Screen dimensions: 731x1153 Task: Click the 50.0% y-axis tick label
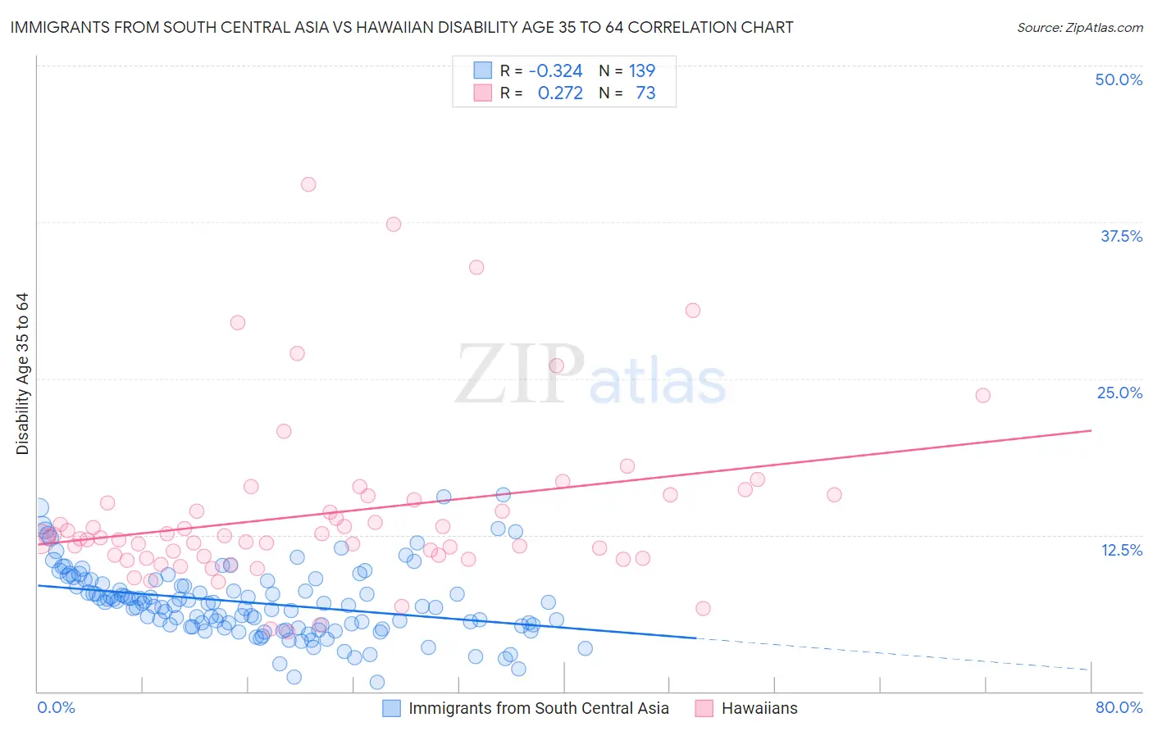[x=1119, y=79]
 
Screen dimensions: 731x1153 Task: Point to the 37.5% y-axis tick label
[x=1121, y=236]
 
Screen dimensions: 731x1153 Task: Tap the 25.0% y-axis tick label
[x=1119, y=393]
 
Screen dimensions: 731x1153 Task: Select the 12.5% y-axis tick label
[x=1121, y=550]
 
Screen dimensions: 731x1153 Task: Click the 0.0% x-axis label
[x=56, y=707]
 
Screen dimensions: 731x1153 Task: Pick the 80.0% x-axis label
[x=1119, y=707]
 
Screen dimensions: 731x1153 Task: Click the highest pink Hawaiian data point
[x=308, y=184]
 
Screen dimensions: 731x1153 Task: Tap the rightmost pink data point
[x=982, y=395]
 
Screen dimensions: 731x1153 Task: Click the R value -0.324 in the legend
[x=555, y=70]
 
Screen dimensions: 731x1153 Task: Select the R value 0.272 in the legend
[x=560, y=93]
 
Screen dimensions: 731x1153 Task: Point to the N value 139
[x=641, y=70]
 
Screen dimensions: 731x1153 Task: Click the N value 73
[x=645, y=93]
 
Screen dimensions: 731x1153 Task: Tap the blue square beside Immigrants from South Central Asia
[x=392, y=708]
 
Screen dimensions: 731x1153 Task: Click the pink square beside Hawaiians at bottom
[x=704, y=708]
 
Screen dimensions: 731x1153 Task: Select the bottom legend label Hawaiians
[x=759, y=708]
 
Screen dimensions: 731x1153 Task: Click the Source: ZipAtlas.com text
[x=1079, y=28]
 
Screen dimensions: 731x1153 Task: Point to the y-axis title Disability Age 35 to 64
[x=22, y=374]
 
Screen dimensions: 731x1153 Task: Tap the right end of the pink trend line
[x=1091, y=430]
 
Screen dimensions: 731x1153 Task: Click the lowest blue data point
[x=377, y=682]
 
